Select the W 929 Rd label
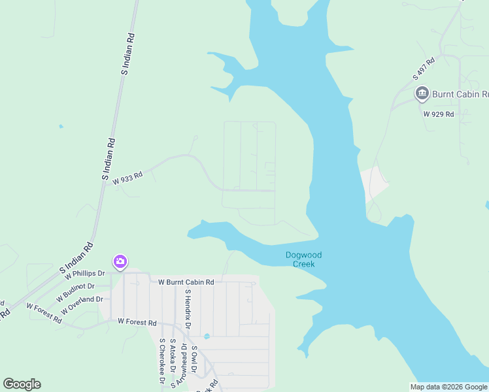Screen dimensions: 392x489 pos(438,114)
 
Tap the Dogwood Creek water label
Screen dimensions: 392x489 pos(304,259)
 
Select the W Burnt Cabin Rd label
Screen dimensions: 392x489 pos(186,282)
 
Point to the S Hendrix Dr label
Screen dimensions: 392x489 pos(188,308)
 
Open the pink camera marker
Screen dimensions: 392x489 pos(120,262)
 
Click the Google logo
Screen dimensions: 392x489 pos(22,384)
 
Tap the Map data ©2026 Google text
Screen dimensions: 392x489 pos(448,387)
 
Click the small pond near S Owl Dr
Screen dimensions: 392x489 pos(207,336)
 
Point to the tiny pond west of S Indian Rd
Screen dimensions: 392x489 pos(61,126)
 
